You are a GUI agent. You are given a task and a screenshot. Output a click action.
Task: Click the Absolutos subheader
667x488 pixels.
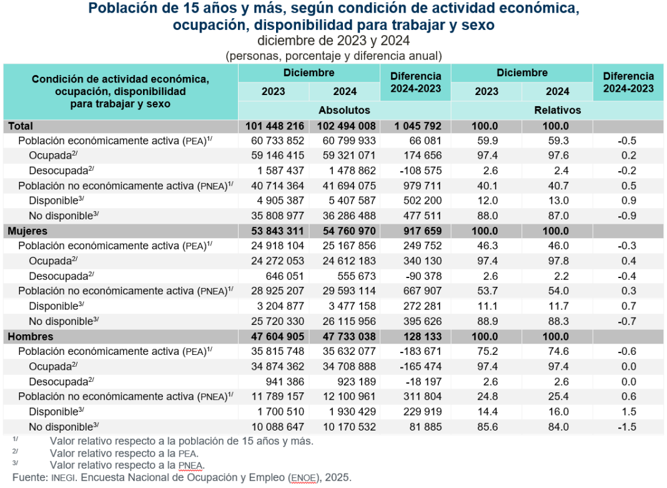pyautogui.click(x=345, y=110)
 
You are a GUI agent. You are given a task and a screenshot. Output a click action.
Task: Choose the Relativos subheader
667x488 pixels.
pyautogui.click(x=558, y=110)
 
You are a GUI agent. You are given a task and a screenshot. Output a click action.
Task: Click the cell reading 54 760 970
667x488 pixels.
pyautogui.click(x=345, y=231)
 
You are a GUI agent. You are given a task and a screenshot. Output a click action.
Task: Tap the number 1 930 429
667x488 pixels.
pyautogui.click(x=345, y=412)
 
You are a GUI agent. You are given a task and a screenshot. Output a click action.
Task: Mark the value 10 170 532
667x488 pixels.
pyautogui.click(x=345, y=427)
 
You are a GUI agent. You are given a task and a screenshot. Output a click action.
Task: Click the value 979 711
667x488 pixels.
pyautogui.click(x=420, y=186)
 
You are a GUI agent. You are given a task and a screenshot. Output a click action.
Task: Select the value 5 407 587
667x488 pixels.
pyautogui.click(x=345, y=201)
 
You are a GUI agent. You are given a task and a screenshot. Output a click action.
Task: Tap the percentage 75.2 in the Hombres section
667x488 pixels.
pyautogui.click(x=487, y=351)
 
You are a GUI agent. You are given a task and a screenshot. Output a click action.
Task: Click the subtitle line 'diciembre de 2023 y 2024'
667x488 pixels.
pyautogui.click(x=333, y=41)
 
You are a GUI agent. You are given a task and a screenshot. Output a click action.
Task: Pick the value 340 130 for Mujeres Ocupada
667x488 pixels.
pyautogui.click(x=420, y=261)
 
